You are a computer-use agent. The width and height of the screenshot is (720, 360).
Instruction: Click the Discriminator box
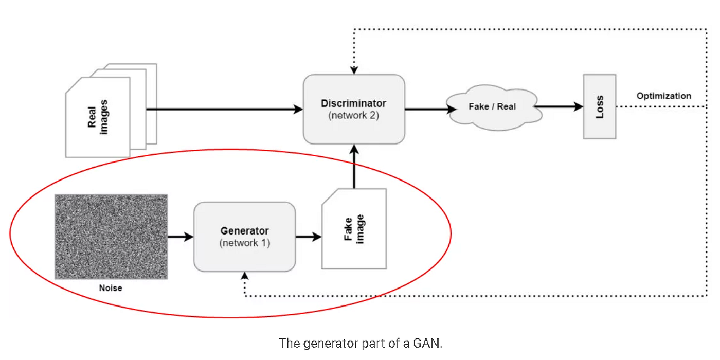click(x=354, y=109)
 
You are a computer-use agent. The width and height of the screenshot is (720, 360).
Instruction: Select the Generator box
click(x=244, y=237)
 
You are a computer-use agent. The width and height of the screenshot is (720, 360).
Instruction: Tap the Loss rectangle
click(x=599, y=106)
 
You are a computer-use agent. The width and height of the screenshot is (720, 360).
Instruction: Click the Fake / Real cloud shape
click(x=492, y=107)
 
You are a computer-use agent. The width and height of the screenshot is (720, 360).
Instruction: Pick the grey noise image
click(x=111, y=237)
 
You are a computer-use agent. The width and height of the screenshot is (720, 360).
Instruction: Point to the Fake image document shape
click(x=354, y=229)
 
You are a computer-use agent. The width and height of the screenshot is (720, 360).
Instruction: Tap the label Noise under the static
click(x=111, y=288)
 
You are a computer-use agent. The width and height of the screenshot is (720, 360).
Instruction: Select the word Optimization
click(x=663, y=96)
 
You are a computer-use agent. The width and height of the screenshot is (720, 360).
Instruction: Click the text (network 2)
click(x=353, y=115)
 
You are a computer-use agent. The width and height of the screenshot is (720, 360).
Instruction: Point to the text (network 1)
click(x=244, y=243)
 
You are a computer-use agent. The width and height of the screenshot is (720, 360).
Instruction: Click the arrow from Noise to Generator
click(x=181, y=237)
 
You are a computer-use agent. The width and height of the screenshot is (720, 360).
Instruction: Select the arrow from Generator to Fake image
click(x=308, y=237)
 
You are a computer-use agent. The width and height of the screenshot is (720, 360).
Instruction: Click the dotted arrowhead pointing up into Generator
click(x=244, y=276)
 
